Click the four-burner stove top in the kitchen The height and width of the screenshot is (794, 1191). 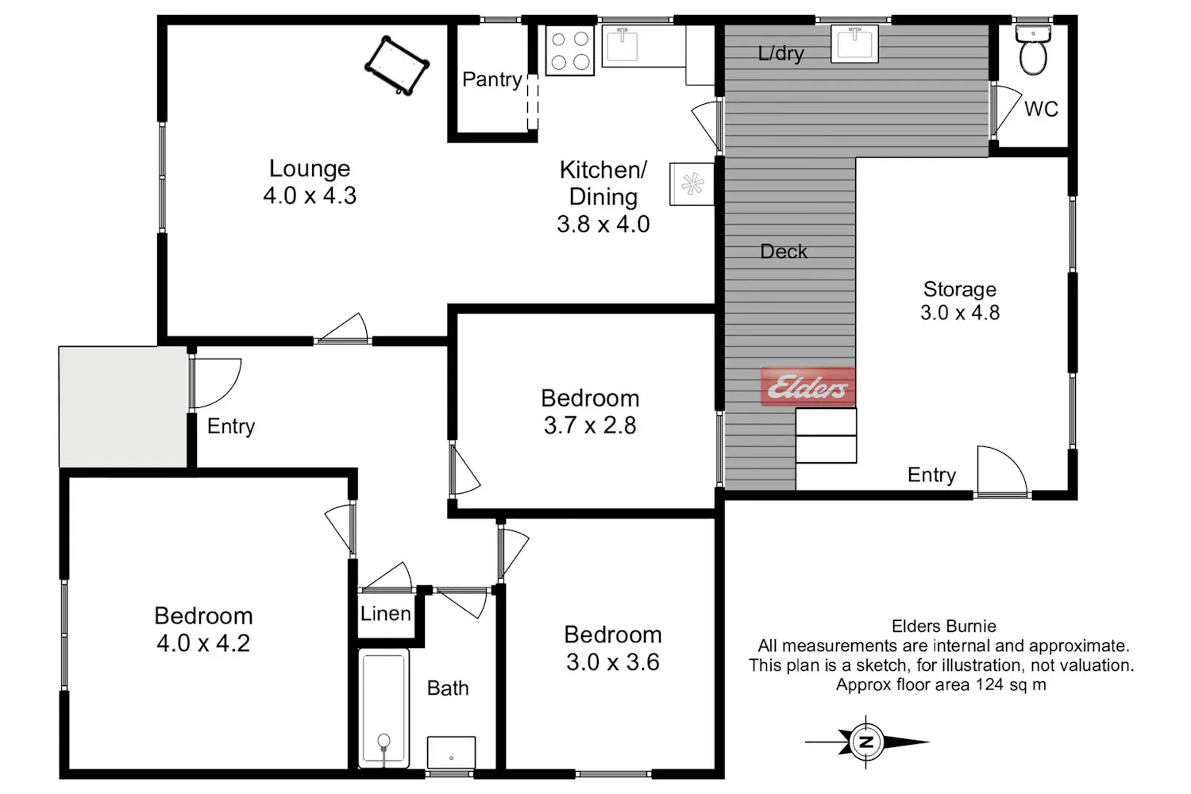(x=569, y=51)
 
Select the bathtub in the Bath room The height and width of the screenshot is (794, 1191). (x=384, y=707)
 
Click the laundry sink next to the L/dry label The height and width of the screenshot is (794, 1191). (x=854, y=44)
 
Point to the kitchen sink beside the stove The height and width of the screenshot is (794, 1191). (x=643, y=46)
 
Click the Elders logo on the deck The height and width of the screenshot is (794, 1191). (x=807, y=387)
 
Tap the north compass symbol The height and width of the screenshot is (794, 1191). (x=867, y=742)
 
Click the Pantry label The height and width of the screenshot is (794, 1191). (x=491, y=79)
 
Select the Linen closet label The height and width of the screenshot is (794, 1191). (x=385, y=614)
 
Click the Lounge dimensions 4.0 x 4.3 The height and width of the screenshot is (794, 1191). (x=310, y=195)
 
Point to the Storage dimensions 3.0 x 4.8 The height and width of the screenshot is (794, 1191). (x=960, y=312)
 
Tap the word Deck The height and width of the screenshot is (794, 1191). (x=783, y=251)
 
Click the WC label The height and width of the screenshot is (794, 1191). (x=1041, y=109)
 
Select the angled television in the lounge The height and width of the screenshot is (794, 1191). (x=397, y=65)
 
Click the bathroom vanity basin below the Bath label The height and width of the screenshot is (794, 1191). (x=451, y=752)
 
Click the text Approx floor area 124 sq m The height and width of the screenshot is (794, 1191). (x=941, y=684)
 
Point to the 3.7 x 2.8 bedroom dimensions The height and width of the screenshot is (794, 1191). (x=590, y=426)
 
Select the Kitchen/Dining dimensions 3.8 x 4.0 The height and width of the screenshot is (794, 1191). (x=603, y=224)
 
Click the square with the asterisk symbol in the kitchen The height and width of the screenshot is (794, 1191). (x=692, y=184)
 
